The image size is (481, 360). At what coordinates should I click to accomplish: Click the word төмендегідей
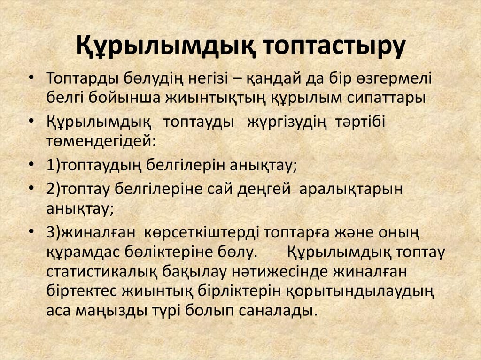[x=100, y=141]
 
